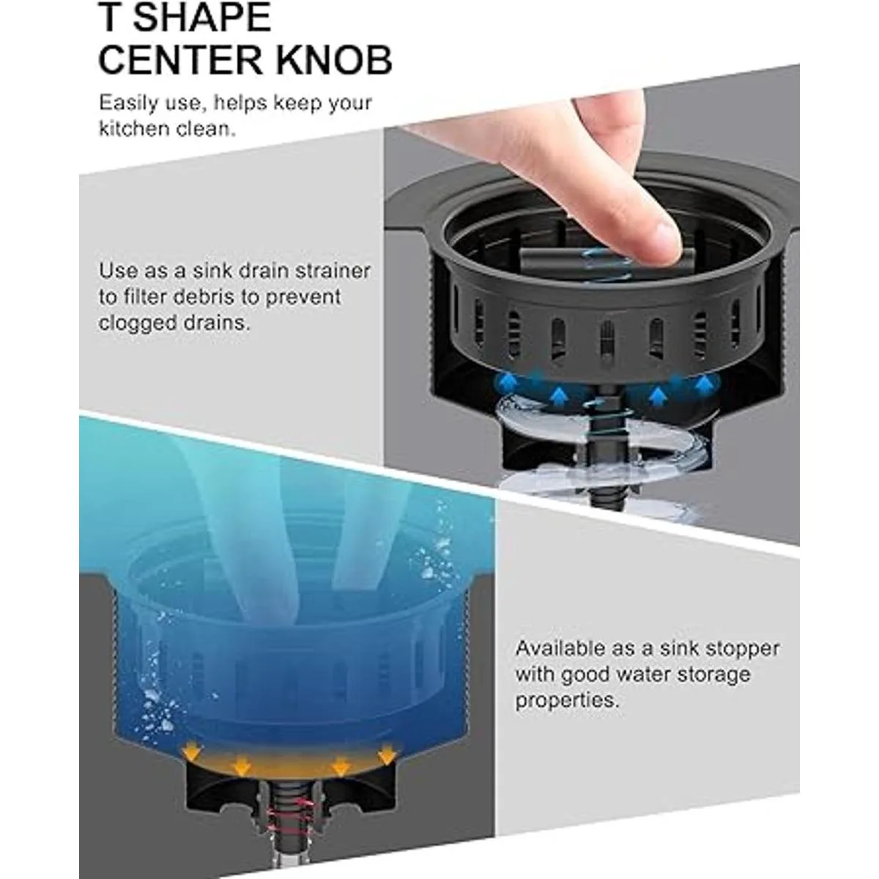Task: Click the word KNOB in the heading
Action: click(335, 60)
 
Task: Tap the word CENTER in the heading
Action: click(181, 60)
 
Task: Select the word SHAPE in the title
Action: click(202, 16)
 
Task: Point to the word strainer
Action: click(333, 271)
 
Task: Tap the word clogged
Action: click(136, 324)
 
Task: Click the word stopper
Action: click(742, 648)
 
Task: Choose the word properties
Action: click(567, 701)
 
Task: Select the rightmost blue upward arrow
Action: click(705, 382)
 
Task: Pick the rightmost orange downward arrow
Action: click(387, 752)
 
